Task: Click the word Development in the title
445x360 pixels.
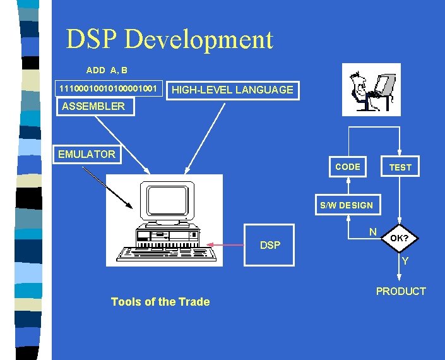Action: tap(199, 40)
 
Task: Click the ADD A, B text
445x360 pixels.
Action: tap(107, 70)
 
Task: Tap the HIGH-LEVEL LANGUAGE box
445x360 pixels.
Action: tap(232, 90)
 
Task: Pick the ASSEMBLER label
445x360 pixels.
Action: tap(93, 106)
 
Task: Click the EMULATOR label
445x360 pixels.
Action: tap(86, 154)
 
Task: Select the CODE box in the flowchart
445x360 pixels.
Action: tap(348, 167)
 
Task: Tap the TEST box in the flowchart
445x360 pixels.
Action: tap(400, 167)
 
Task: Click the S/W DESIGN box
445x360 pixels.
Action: tap(347, 205)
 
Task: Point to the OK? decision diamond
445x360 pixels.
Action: tap(399, 239)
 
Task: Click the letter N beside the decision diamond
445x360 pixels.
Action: tap(373, 232)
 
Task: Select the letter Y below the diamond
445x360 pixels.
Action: tap(405, 260)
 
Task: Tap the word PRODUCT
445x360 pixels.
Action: tap(401, 291)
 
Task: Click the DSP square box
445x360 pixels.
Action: tap(270, 244)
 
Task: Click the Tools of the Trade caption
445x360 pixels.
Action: tap(160, 302)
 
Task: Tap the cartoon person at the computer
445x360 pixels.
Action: tap(362, 88)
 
